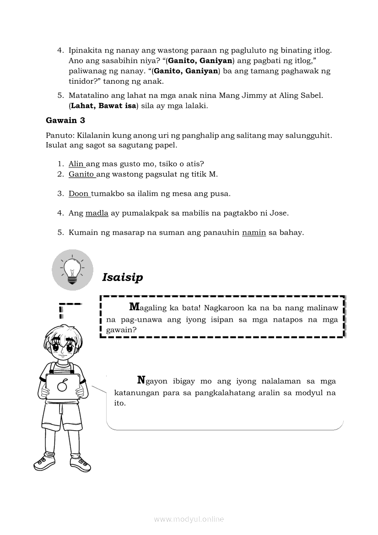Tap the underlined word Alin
point(76,164)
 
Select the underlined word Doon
point(79,194)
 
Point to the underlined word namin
point(254,232)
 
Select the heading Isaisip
point(123,277)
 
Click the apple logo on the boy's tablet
point(63,387)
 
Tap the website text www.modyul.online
point(189,519)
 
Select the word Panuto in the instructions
point(59,136)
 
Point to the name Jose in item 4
point(280,213)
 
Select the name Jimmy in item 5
point(244,96)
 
